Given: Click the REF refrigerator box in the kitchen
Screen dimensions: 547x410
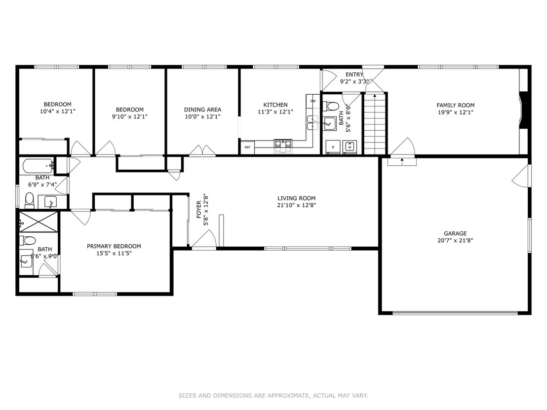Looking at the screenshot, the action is [x=247, y=147].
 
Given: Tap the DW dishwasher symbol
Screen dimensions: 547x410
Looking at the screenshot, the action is [x=313, y=101].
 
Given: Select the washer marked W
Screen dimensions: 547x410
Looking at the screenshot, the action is [x=350, y=147].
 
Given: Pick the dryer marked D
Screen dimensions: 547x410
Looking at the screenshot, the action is [x=333, y=147].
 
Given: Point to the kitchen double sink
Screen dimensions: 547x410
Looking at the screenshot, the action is [x=313, y=122].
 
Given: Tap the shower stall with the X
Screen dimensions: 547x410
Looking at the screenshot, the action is [x=39, y=222].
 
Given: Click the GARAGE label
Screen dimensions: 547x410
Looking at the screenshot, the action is [x=455, y=233].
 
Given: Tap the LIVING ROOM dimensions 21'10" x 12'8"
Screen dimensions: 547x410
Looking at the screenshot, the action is [x=297, y=205].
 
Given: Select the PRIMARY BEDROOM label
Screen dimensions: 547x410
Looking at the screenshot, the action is [x=114, y=246].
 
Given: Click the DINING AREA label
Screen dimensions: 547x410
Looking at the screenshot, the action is [x=203, y=110].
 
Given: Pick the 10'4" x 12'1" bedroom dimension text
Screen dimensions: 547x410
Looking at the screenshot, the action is [x=58, y=112].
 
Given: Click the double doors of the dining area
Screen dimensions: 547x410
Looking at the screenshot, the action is [x=202, y=150].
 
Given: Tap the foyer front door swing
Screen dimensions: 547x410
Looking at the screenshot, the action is [x=204, y=239].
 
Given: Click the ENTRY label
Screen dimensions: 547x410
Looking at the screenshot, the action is [x=354, y=75].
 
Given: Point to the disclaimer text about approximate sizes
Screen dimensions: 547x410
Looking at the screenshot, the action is [x=273, y=396].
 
